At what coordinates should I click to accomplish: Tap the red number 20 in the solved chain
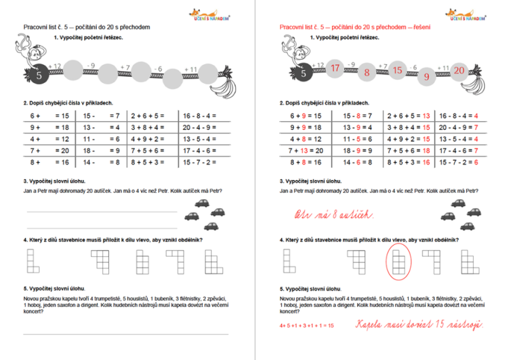pyautogui.click(x=458, y=70)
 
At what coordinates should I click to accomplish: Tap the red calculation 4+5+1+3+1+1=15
pyautogui.click(x=306, y=325)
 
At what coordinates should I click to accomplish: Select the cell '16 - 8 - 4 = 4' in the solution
pyautogui.click(x=462, y=116)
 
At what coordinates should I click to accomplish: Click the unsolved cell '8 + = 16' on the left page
pyautogui.click(x=48, y=163)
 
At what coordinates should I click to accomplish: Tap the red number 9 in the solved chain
pyautogui.click(x=426, y=77)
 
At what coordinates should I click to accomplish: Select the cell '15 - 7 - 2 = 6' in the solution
pyautogui.click(x=462, y=163)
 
